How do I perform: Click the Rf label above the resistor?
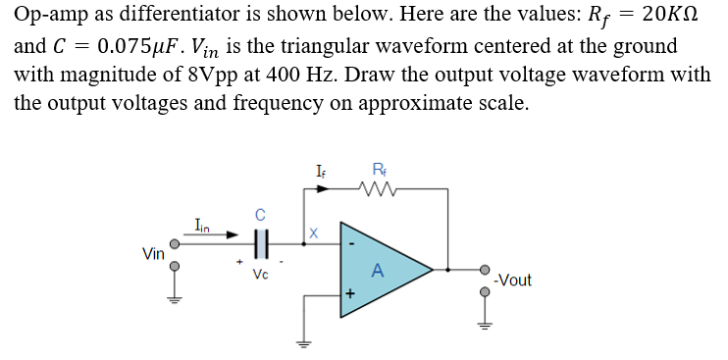point(380,169)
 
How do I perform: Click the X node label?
point(313,233)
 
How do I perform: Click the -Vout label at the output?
point(513,281)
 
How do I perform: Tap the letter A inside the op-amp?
point(377,271)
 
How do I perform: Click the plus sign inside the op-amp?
point(348,292)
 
